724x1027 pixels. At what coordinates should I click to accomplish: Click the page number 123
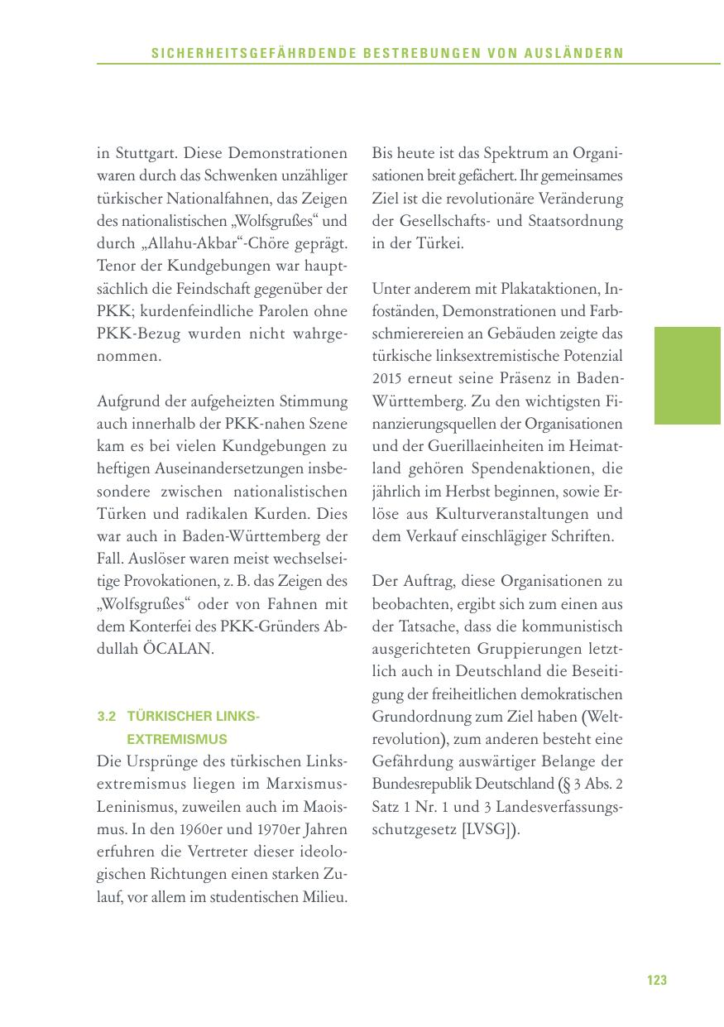coord(656,981)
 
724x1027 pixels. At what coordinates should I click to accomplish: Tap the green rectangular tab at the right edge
coord(688,376)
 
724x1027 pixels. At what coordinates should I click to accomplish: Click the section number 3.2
coord(107,717)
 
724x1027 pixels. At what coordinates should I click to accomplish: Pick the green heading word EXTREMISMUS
coord(177,738)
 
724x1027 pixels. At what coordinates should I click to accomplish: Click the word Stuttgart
coord(145,153)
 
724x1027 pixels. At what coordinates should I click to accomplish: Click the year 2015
coord(388,379)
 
